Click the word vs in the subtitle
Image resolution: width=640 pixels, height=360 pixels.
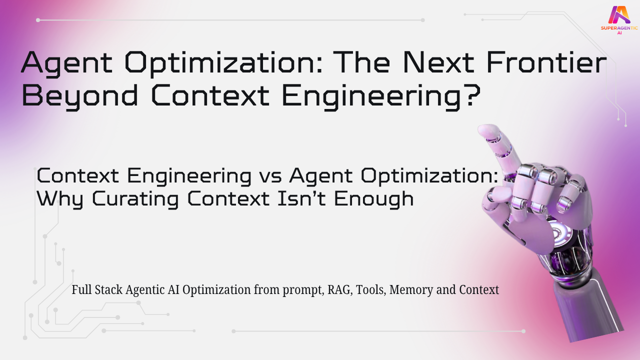click(270, 176)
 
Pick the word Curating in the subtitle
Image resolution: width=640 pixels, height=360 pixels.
click(130, 199)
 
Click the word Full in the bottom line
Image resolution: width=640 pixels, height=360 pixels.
click(80, 290)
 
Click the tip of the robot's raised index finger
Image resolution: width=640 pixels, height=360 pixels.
click(484, 131)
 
